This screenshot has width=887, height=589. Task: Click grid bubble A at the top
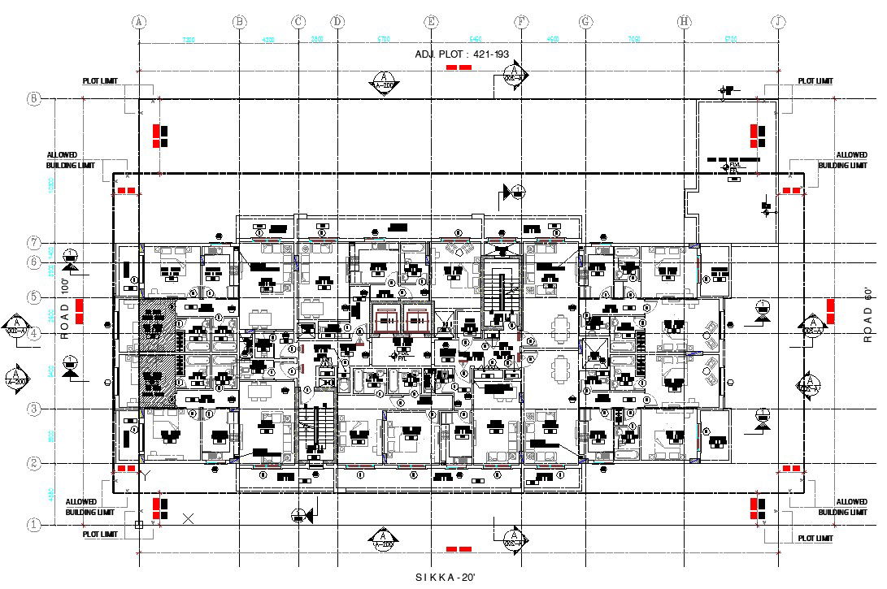coord(139,22)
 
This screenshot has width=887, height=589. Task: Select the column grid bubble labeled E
coord(432,22)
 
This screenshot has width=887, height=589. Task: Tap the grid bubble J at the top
coord(779,22)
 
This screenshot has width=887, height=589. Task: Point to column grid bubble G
coord(585,22)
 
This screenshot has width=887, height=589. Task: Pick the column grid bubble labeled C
coord(298,22)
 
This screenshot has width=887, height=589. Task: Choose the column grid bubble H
coord(685,22)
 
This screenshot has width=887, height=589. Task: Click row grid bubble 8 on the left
coord(34,99)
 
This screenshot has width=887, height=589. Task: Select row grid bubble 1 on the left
coord(34,525)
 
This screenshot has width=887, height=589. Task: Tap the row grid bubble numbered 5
coord(34,297)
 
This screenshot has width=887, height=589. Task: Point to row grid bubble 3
coord(34,409)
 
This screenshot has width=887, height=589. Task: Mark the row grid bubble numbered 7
coord(34,243)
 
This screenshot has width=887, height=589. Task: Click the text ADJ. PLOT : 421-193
coord(462,54)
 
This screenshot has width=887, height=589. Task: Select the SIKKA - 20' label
coord(445,577)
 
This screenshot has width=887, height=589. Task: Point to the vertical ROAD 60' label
coord(867,314)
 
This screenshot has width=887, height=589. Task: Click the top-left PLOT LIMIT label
coord(100,81)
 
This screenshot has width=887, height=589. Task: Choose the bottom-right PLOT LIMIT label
coord(815,538)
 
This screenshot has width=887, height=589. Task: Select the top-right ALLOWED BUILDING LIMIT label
coord(852,160)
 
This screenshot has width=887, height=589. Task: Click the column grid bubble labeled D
coord(337,22)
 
